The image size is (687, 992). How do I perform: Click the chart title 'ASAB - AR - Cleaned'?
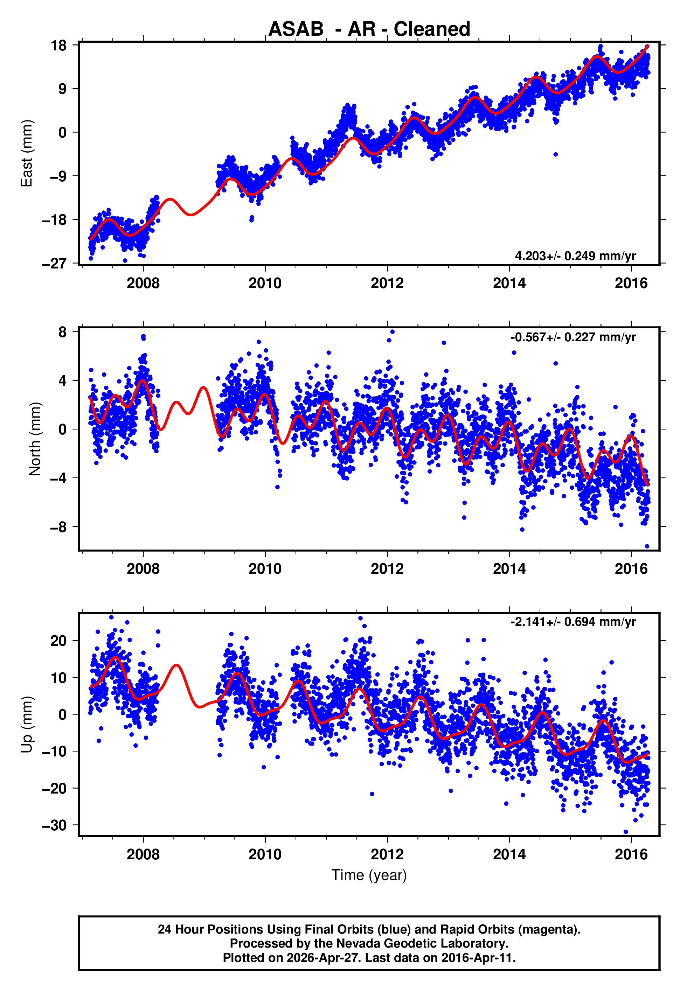(369, 29)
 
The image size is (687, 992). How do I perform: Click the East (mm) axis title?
(27, 153)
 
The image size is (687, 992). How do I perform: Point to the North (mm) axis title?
(35, 439)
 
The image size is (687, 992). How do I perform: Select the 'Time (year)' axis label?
(369, 875)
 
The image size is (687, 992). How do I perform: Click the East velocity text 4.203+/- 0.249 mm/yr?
(575, 256)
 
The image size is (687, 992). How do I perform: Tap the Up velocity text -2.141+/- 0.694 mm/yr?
(573, 622)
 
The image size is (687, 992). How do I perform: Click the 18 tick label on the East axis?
(59, 45)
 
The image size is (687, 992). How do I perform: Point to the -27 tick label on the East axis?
(54, 263)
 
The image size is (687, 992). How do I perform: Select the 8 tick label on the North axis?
(63, 332)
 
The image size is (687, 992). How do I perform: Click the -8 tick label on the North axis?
(58, 527)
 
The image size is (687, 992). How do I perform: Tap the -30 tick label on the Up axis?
(54, 825)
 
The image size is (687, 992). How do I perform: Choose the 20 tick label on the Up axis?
(58, 641)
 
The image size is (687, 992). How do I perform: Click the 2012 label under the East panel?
(387, 283)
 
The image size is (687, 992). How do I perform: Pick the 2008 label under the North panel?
(143, 569)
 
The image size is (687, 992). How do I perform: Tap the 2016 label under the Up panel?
(631, 854)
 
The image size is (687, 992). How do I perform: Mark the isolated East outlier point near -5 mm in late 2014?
(556, 154)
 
